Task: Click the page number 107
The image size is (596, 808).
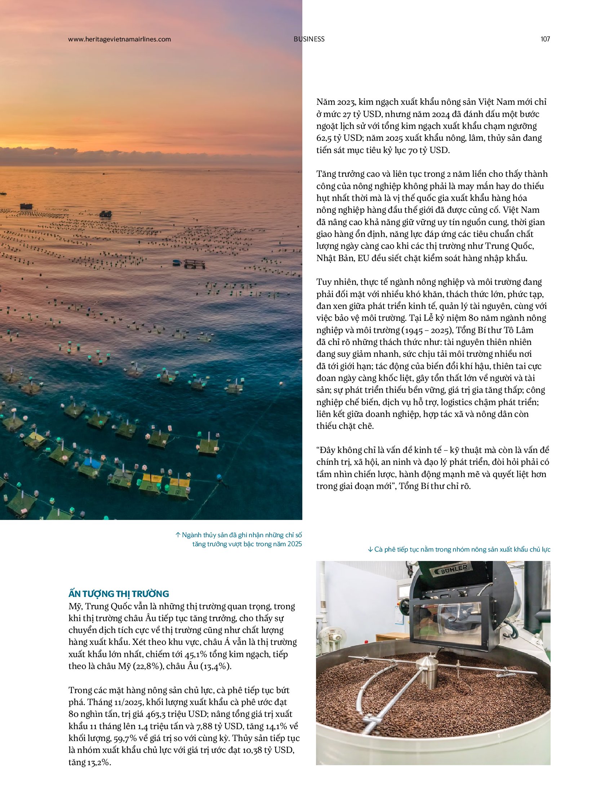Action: click(545, 39)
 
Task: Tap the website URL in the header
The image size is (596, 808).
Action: click(119, 39)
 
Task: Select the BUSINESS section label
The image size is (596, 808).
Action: click(309, 39)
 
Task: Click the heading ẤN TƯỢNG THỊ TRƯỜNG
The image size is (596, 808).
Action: click(119, 594)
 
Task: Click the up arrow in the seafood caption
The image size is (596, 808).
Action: click(178, 535)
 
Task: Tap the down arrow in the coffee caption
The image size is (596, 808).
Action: click(370, 549)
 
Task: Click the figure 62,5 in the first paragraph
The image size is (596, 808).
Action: click(325, 138)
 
